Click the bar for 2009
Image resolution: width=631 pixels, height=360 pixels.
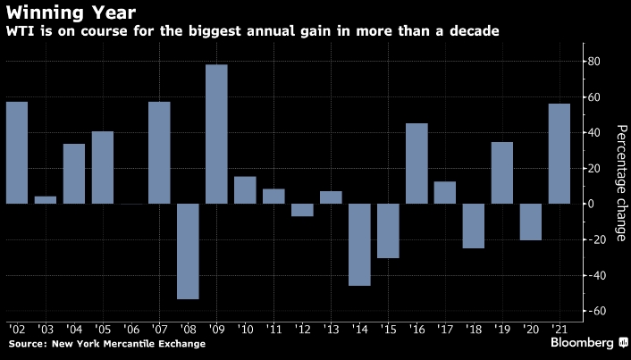[216, 134]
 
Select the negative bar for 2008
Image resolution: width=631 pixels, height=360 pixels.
[188, 251]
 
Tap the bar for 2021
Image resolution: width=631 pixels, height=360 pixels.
[559, 154]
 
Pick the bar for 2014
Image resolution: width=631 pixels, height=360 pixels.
[359, 245]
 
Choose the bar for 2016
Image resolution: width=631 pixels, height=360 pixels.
[416, 163]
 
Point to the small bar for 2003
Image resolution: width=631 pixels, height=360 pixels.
[46, 200]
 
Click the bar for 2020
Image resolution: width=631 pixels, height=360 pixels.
[531, 222]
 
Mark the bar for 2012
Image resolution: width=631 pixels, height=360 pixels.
[302, 210]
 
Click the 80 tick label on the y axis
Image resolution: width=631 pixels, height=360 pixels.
[593, 62]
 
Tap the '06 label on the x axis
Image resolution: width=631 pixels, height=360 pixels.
[131, 328]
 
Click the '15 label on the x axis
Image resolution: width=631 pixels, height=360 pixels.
[389, 328]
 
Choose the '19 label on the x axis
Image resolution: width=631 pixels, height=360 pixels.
[503, 328]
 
